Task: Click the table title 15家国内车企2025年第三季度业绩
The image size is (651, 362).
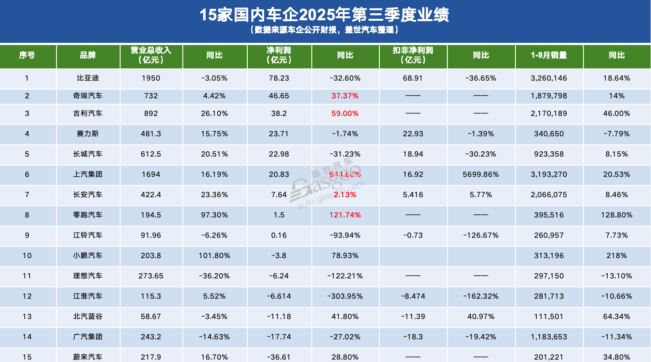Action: [325, 15]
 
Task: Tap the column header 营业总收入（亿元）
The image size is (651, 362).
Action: [151, 55]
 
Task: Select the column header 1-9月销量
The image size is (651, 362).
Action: [549, 55]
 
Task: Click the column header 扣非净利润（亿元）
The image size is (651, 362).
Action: [413, 55]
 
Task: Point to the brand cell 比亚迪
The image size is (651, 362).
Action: [88, 78]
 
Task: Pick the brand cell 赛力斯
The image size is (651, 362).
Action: [88, 134]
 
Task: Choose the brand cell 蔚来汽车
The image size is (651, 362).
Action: [88, 357]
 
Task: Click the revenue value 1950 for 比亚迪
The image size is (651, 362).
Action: [151, 78]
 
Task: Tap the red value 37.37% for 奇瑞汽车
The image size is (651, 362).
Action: [345, 96]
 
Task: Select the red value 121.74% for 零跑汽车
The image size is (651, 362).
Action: [345, 215]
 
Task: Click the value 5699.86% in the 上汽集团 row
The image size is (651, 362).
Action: [481, 174]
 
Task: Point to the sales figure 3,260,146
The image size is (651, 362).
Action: [549, 78]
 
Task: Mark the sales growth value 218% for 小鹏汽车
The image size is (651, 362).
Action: [617, 256]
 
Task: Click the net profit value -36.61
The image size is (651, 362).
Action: [279, 357]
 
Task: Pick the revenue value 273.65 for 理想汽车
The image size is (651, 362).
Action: [151, 276]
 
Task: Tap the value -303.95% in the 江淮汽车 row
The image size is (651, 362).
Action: [345, 296]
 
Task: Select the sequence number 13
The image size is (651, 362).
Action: [27, 317]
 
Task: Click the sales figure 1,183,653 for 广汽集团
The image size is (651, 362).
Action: [549, 337]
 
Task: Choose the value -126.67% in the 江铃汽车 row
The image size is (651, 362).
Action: [481, 235]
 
